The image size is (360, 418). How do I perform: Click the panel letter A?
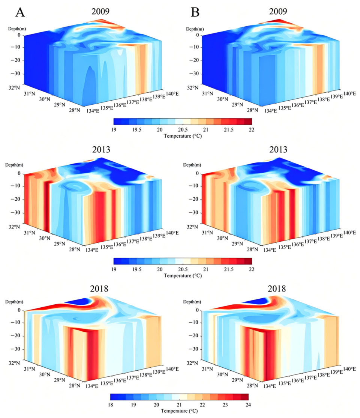point(20,12)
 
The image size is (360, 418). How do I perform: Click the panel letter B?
point(195,12)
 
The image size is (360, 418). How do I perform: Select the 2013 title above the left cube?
point(101,150)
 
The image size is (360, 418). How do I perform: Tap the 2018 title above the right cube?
point(277,289)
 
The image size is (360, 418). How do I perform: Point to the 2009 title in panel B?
point(278,12)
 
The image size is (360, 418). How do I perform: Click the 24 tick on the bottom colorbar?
point(248,404)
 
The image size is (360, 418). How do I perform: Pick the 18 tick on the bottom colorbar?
point(110,404)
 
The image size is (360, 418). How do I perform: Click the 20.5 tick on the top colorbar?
point(183,129)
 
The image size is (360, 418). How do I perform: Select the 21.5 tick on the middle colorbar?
point(229,269)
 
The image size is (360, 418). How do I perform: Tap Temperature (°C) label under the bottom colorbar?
point(179,411)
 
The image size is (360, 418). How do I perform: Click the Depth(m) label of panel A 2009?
point(17,29)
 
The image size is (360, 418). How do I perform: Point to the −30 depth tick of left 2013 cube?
point(15,213)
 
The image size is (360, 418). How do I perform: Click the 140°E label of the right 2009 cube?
point(349,93)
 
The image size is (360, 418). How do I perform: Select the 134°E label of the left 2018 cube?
point(92,386)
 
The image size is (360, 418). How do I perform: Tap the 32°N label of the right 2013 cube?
point(192,227)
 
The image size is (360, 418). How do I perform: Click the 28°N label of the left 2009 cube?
point(75,110)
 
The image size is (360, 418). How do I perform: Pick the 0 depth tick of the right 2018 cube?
point(197,310)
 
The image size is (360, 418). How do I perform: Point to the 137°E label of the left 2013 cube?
point(133,241)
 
